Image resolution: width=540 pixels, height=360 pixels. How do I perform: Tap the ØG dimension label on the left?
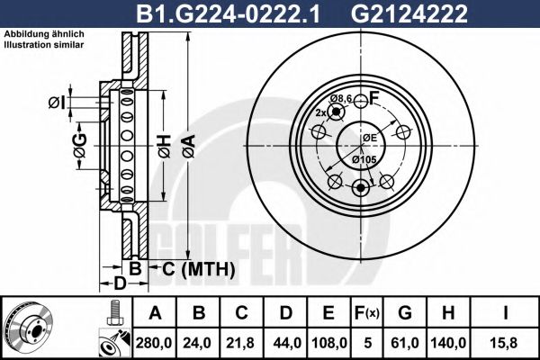tap(79, 144)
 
